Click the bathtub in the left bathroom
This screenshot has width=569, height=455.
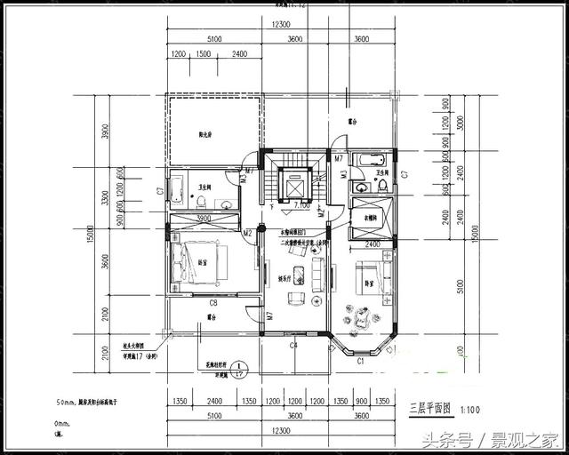[x=177, y=188]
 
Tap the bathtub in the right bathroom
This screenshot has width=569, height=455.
[x=365, y=160]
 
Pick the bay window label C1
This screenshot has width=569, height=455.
[x=361, y=362]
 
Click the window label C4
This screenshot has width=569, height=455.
[x=293, y=345]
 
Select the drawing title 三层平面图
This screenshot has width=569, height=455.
[x=430, y=409]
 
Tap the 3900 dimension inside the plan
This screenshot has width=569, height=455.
[x=203, y=218]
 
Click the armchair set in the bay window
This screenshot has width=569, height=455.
[x=361, y=317]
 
